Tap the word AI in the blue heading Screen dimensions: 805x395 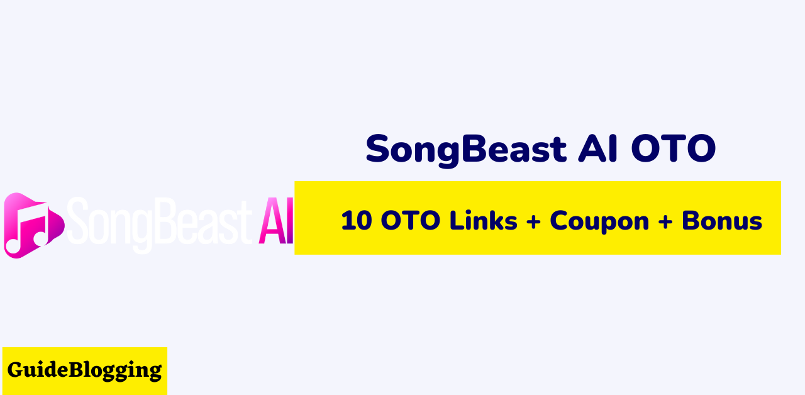[597, 148]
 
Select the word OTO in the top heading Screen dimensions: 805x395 [674, 148]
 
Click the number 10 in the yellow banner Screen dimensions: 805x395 [357, 220]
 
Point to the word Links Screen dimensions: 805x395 [484, 220]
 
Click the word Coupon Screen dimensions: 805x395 [599, 222]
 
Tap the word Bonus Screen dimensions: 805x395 [722, 220]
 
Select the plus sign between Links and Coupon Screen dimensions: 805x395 [533, 221]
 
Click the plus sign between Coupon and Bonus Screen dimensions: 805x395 [665, 221]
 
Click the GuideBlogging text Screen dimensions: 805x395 [84, 370]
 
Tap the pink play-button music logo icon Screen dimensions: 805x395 [34, 225]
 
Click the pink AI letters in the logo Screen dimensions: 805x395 [276, 221]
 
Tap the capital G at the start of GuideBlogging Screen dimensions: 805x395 [15, 369]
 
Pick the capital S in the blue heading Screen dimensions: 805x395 [377, 148]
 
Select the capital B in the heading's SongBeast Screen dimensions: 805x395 [474, 148]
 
